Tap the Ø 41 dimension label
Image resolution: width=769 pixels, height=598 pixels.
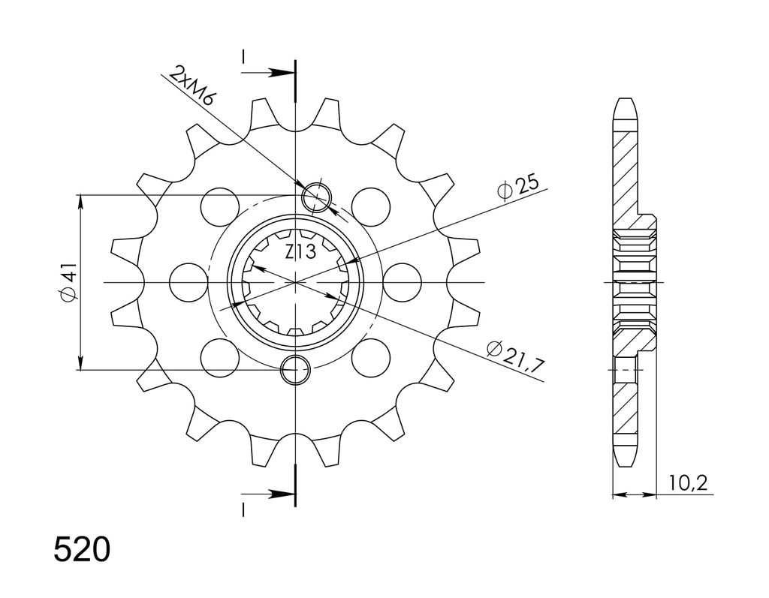(x=68, y=282)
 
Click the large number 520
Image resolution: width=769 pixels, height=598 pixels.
(x=81, y=550)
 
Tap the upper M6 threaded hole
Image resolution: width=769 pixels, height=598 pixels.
(x=317, y=198)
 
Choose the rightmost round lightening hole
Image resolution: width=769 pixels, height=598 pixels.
(x=403, y=282)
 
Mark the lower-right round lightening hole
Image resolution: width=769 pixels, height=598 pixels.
(x=371, y=359)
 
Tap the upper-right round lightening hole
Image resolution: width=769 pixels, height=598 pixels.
(x=371, y=206)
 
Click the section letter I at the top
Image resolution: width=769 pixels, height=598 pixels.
(x=243, y=56)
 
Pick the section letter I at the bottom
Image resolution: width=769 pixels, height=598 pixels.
(x=243, y=509)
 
